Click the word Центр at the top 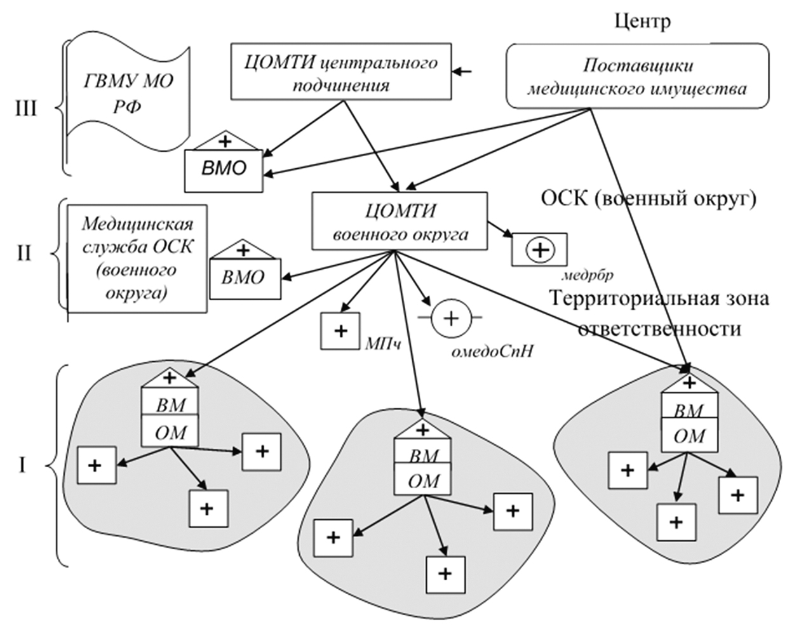tap(643, 22)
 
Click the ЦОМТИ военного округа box tap(400, 222)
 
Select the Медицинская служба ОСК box tap(138, 258)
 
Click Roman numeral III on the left tap(26, 109)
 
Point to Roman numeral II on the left tap(24, 253)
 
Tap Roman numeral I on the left tap(22, 467)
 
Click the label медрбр tap(588, 276)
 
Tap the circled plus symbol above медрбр tap(540, 249)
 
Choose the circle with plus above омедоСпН tap(450, 317)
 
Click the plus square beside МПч tap(340, 331)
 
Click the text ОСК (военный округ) tap(649, 199)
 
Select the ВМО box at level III tap(223, 169)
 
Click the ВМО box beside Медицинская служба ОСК tap(244, 277)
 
